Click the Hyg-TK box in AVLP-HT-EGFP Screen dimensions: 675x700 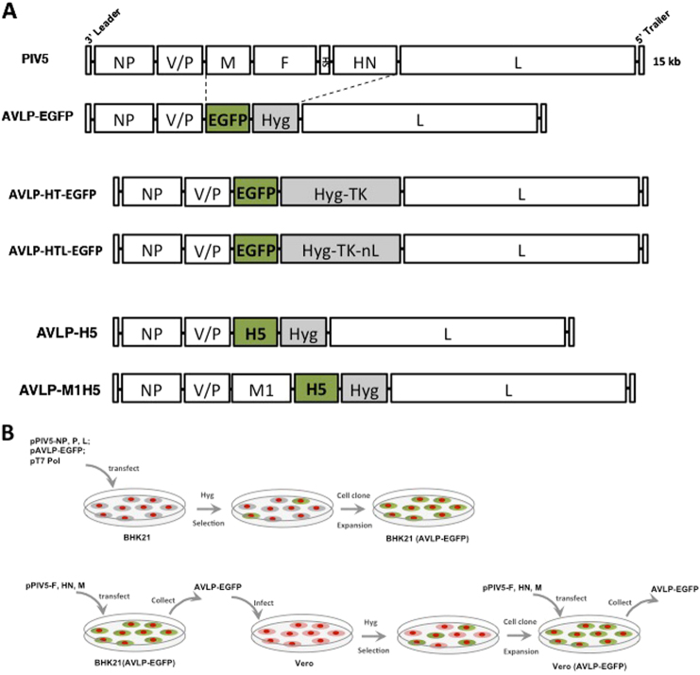[x=341, y=193]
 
